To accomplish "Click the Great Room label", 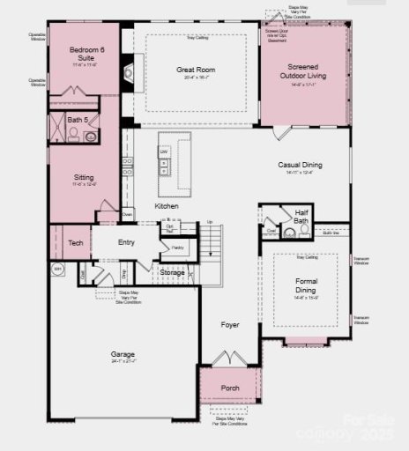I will pyautogui.click(x=196, y=70).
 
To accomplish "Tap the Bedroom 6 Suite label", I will pyautogui.click(x=84, y=55).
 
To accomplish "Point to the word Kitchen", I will pyautogui.click(x=167, y=206).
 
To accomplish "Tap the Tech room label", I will pyautogui.click(x=76, y=242).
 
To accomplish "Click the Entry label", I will pyautogui.click(x=127, y=242).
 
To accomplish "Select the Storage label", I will pyautogui.click(x=173, y=273).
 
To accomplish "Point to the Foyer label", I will pyautogui.click(x=229, y=325).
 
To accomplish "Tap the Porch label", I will pyautogui.click(x=230, y=388).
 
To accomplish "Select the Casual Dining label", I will pyautogui.click(x=300, y=165).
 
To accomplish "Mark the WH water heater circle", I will pyautogui.click(x=58, y=269).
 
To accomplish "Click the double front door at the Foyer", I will pyautogui.click(x=229, y=359).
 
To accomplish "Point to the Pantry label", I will pyautogui.click(x=177, y=248).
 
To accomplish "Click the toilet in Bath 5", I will pyautogui.click(x=73, y=135).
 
